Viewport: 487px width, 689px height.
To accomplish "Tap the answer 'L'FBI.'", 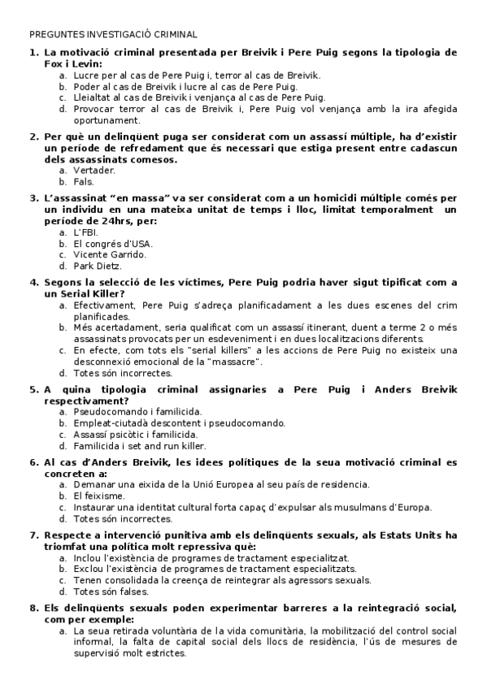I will pyautogui.click(x=85, y=232).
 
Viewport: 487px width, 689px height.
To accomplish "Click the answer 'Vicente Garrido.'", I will pyautogui.click(x=110, y=254).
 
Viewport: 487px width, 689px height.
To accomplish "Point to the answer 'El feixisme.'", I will pyautogui.click(x=98, y=496).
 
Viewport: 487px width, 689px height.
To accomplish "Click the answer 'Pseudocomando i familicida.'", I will pyautogui.click(x=137, y=412).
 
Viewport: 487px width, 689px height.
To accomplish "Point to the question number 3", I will pyautogui.click(x=33, y=197).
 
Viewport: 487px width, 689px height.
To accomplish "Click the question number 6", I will pyautogui.click(x=33, y=462).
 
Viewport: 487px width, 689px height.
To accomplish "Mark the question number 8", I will pyautogui.click(x=33, y=607).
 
